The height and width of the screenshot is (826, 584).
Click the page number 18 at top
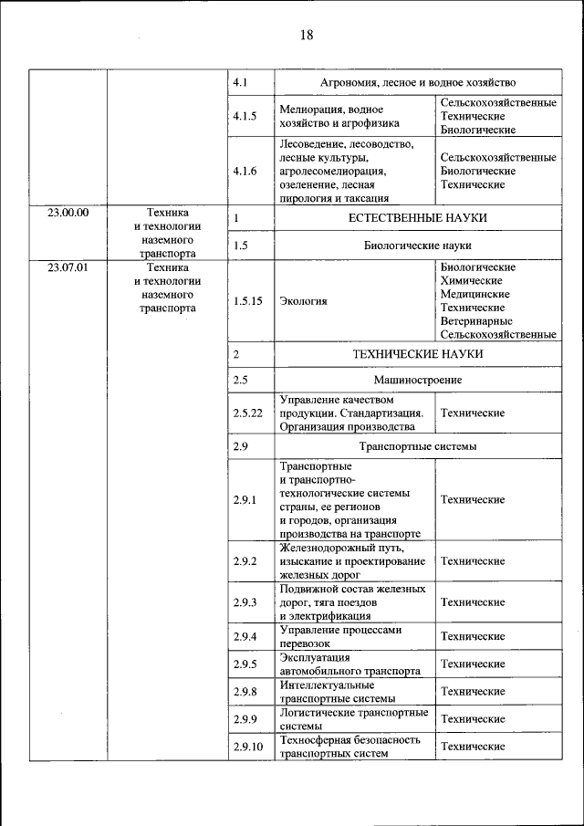tap(305, 35)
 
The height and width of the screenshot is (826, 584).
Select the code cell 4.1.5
tap(245, 116)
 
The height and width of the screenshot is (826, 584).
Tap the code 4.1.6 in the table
tap(245, 171)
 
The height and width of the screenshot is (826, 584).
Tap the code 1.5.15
tap(247, 300)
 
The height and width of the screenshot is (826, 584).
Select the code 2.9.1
tap(245, 500)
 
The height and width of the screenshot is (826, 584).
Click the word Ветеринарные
tap(476, 321)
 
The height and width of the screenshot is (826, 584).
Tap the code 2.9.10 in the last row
tap(247, 747)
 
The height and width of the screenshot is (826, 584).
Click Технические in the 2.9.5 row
tap(473, 664)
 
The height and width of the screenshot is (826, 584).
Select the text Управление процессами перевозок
tap(340, 637)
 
